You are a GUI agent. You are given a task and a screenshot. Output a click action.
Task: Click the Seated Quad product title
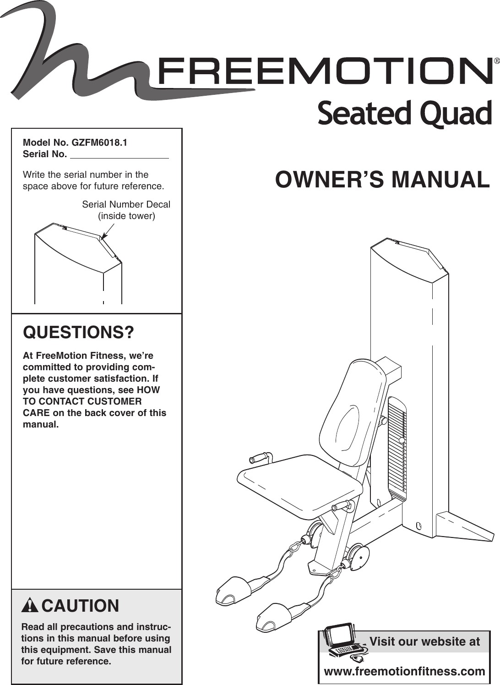pos(404,114)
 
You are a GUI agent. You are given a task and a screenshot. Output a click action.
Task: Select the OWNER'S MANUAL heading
pos(382,180)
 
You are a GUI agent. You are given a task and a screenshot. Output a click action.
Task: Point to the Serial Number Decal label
pos(126,204)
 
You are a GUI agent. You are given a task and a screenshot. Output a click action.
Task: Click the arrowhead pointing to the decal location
pos(103,237)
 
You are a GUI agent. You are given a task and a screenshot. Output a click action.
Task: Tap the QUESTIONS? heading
pos(79,332)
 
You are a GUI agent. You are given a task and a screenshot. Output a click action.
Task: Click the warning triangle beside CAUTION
pos(30,606)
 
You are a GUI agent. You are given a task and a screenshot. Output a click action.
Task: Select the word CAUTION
pos(80,606)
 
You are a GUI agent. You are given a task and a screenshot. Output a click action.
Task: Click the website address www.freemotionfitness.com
pos(404,672)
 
